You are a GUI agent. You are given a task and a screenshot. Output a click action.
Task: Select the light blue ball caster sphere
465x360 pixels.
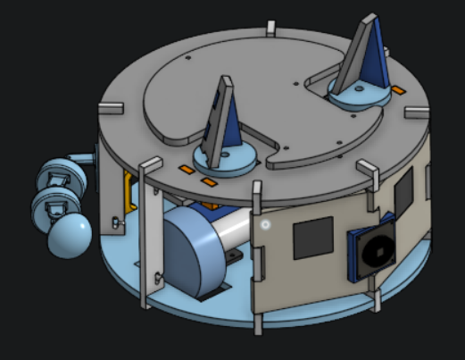tap(69, 236)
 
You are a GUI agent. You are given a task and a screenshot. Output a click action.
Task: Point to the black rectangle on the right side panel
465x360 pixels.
tap(403, 190)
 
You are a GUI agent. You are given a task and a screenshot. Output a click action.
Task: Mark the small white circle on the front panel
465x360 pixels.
tap(265, 224)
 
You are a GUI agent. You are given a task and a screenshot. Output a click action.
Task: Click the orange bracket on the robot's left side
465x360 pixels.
tap(129, 190)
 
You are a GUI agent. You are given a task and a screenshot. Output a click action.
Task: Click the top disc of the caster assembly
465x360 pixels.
tap(62, 172)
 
